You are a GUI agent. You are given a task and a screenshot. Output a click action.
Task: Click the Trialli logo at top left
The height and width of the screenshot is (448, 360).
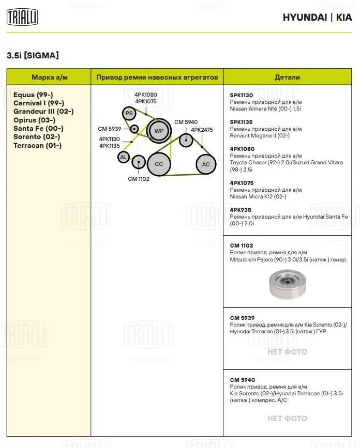coord(22,17)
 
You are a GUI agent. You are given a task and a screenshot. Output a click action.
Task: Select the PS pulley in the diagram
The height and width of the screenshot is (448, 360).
coord(129,113)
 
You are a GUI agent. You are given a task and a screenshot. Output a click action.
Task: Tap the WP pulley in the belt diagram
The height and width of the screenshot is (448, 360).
coord(158,131)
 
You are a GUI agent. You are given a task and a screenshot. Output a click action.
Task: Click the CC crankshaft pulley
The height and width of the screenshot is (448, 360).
coord(158,164)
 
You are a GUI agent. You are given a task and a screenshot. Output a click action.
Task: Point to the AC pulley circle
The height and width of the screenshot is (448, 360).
coord(205,164)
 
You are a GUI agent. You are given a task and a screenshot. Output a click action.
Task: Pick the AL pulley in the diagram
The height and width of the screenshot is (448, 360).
coord(124,157)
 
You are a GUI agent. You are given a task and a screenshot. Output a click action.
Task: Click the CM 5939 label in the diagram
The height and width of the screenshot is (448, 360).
coord(109,129)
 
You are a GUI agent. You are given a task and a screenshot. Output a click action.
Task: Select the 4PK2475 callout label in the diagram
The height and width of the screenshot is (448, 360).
coord(202,130)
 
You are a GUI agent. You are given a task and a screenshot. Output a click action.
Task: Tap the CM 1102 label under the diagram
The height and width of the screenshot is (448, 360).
coord(139,179)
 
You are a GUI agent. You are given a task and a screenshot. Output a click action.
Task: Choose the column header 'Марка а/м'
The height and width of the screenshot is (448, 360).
coord(50,77)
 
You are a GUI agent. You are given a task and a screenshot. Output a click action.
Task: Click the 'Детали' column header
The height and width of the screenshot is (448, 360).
coord(287,77)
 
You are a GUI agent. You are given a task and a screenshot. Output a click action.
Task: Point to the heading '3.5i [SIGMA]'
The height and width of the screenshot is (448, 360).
coord(33,55)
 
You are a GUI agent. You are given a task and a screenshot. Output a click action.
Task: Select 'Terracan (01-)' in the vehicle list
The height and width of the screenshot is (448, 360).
coord(37,145)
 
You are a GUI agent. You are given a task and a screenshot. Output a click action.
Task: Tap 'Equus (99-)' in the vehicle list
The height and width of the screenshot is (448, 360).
coord(33,95)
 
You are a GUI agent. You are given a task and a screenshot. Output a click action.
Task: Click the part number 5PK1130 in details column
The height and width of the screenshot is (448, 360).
coord(242,95)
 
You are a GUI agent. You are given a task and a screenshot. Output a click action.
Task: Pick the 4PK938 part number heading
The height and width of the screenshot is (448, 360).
coord(240,210)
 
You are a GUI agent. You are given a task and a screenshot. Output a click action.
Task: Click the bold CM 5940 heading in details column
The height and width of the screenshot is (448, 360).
coord(243,380)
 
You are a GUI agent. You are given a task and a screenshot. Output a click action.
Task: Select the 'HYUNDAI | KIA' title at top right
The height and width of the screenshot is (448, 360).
coord(317,17)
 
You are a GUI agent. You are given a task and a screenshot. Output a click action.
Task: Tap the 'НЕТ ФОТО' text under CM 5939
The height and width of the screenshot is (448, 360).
coord(287,352)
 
